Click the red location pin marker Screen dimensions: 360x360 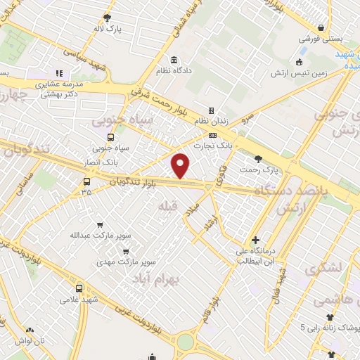181,166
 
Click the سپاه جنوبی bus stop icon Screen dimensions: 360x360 110,137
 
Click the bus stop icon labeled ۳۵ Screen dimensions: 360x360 86,181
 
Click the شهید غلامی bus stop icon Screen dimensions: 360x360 79,288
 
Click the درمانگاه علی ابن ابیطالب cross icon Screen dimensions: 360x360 255,240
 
